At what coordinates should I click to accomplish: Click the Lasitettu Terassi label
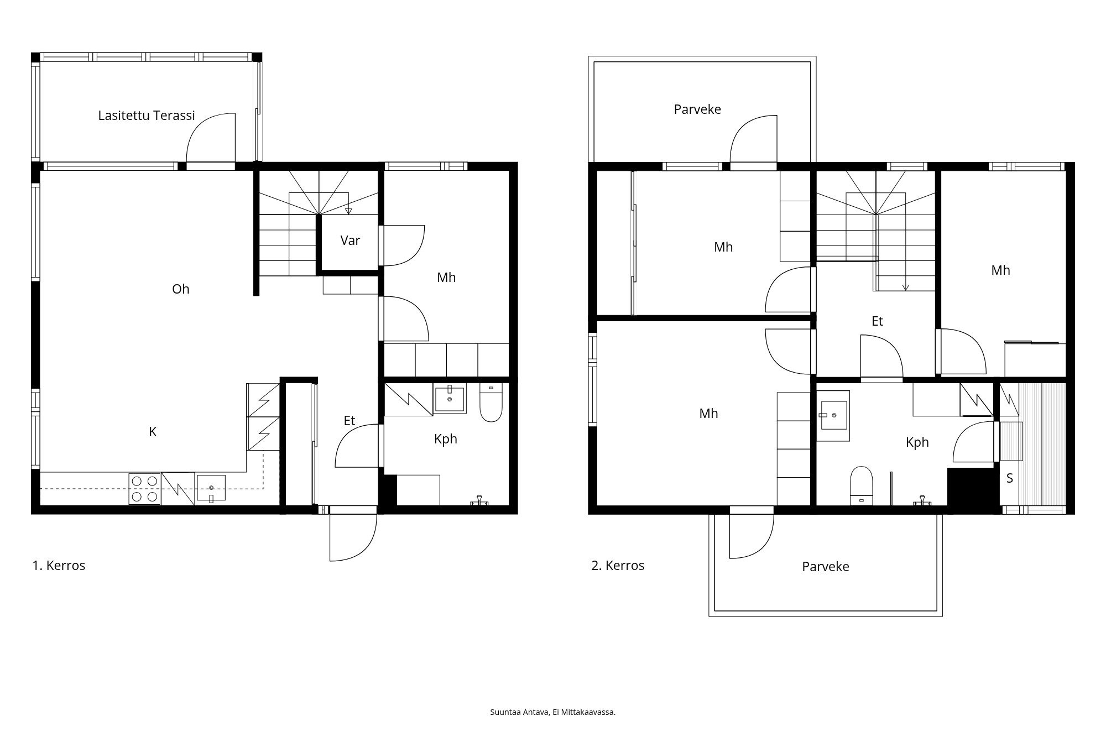147,116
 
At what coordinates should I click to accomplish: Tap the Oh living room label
181,289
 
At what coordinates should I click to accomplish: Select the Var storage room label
350,241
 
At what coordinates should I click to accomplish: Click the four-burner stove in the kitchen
144,489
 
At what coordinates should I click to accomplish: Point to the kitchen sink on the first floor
211,488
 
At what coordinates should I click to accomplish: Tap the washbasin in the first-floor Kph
450,398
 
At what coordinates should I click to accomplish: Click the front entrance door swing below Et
353,536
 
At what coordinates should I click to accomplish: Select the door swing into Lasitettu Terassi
211,138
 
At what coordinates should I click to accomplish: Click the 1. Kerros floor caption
59,566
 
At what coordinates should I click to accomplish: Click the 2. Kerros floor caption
618,566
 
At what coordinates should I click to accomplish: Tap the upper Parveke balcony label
697,109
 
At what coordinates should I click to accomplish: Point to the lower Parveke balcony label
826,567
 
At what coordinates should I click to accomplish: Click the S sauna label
1010,479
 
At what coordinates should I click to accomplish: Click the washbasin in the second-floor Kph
833,415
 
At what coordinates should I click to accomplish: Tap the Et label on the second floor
877,321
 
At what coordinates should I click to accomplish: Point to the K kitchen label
153,432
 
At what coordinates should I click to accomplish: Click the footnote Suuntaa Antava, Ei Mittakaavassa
553,712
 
